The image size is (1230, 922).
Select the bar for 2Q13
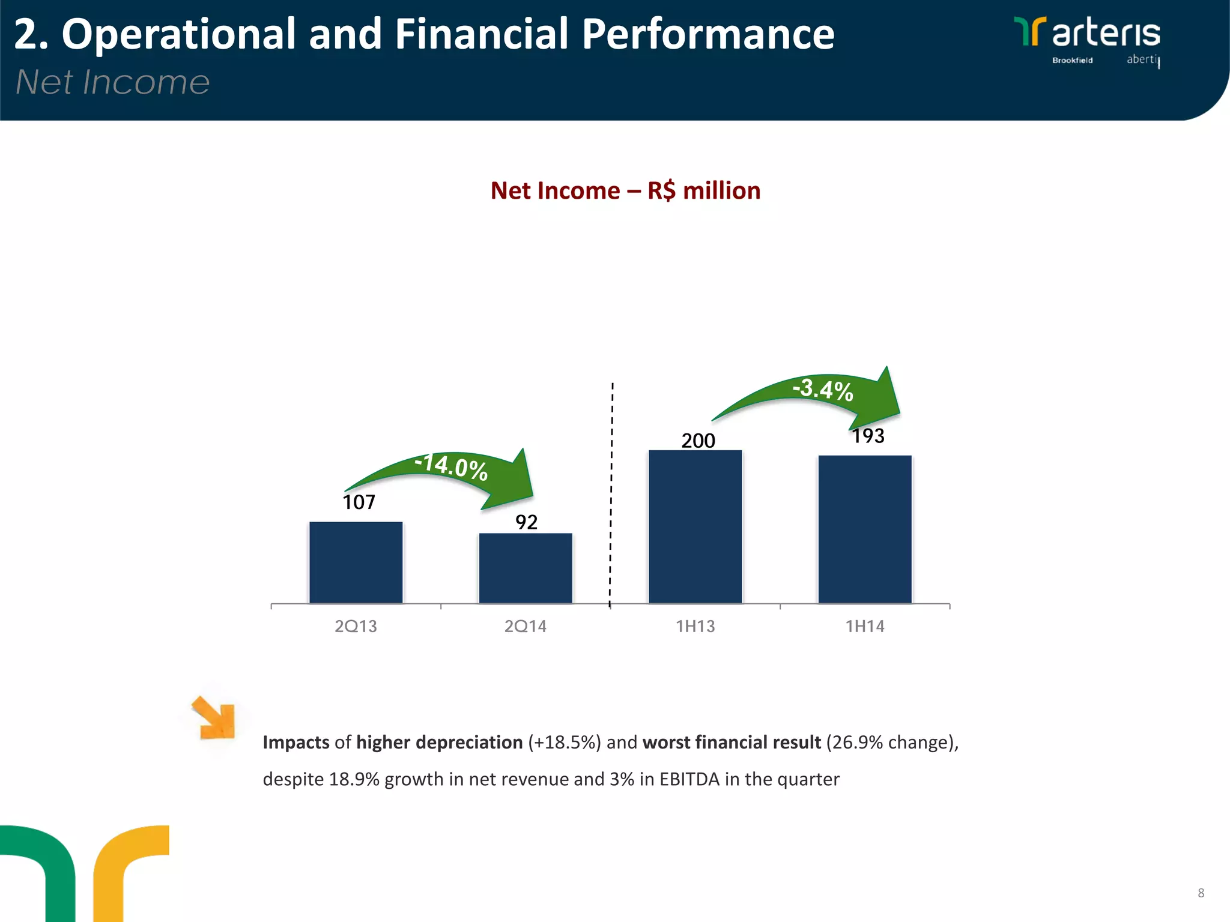[356, 562]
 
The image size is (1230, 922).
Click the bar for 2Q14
[526, 568]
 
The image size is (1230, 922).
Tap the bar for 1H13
[695, 526]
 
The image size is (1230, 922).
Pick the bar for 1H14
[865, 529]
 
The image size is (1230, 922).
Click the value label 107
[359, 502]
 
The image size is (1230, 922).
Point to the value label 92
[526, 522]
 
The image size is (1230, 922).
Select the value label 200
[698, 441]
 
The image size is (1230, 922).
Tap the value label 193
[868, 436]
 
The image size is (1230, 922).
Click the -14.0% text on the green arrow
[452, 466]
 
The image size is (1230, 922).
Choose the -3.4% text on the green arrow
[823, 390]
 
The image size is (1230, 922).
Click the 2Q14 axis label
[526, 626]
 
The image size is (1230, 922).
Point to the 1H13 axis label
[695, 626]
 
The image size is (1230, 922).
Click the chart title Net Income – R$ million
[625, 191]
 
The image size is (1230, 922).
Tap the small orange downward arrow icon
[214, 718]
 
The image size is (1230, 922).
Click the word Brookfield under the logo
[1072, 60]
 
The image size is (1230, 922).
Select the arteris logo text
[1106, 34]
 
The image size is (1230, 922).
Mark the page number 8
[1201, 893]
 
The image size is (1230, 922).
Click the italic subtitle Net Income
[112, 82]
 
